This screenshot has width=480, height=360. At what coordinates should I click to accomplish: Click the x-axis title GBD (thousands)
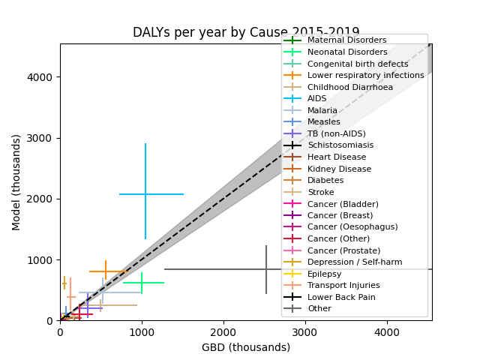[246, 347]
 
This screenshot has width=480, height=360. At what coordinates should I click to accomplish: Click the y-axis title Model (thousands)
[16, 182]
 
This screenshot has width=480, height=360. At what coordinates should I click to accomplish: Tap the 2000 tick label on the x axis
[223, 332]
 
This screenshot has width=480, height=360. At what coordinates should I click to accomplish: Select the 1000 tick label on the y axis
[43, 260]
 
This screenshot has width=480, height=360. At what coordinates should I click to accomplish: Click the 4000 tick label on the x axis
[387, 332]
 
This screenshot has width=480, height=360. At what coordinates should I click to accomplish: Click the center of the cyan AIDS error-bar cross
[145, 194]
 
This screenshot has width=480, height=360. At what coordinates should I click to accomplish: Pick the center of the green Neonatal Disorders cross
[142, 283]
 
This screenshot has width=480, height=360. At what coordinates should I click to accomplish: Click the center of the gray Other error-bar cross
[265, 269]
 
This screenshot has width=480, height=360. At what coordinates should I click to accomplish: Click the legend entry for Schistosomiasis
[340, 145]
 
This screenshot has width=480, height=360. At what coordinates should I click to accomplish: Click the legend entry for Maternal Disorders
[346, 40]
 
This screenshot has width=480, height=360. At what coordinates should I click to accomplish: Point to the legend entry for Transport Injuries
[343, 286]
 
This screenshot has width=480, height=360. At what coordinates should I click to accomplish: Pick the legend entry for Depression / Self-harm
[355, 262]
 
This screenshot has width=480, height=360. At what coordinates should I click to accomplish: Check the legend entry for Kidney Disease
[339, 169]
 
